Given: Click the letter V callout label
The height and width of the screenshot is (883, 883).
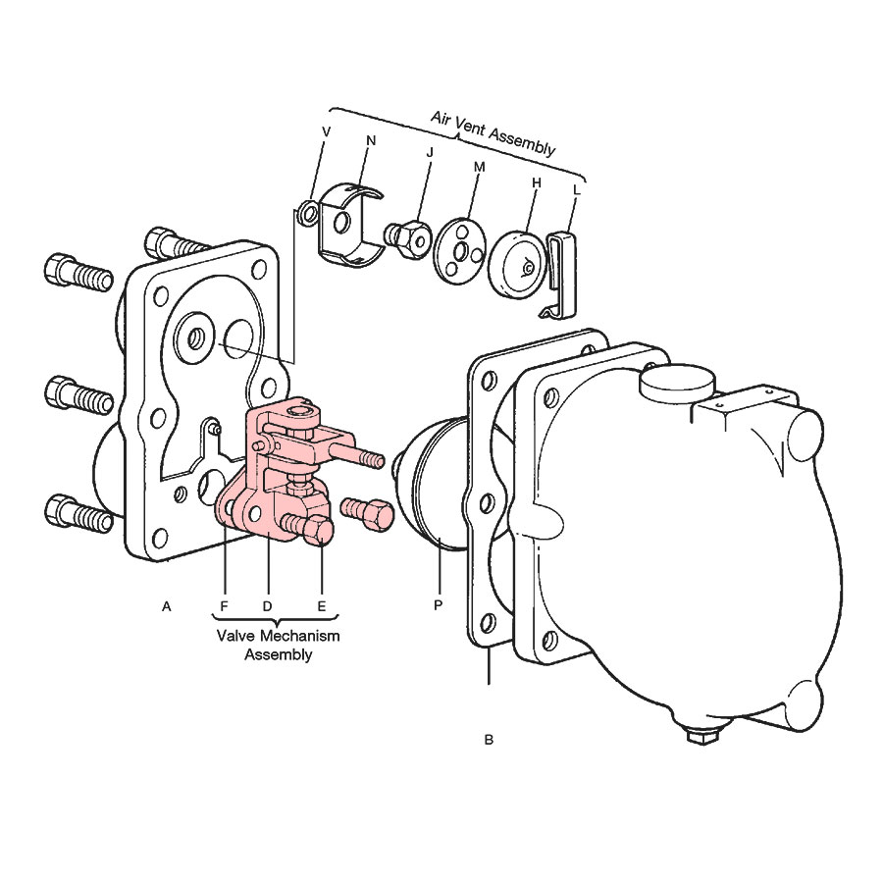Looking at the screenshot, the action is tap(326, 131).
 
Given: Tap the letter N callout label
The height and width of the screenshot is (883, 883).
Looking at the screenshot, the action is tap(371, 140).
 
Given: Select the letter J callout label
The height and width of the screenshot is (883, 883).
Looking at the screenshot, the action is tap(430, 153).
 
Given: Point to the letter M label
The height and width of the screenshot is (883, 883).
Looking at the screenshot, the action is tap(479, 167).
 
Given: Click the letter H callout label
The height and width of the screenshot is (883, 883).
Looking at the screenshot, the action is tap(536, 182).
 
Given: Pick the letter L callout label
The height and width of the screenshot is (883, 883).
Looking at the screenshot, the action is tap(576, 189).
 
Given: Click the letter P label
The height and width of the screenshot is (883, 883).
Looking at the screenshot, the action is tap(439, 605).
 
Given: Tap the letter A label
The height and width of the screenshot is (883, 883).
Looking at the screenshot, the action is tap(166, 606).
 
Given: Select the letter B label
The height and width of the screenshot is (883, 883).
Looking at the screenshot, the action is tap(489, 740).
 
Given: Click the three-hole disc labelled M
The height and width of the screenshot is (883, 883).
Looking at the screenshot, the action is tap(461, 248).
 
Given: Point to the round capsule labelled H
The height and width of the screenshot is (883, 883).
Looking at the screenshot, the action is tap(517, 262).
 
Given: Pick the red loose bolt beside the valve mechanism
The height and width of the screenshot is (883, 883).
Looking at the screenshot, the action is tap(366, 512).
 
